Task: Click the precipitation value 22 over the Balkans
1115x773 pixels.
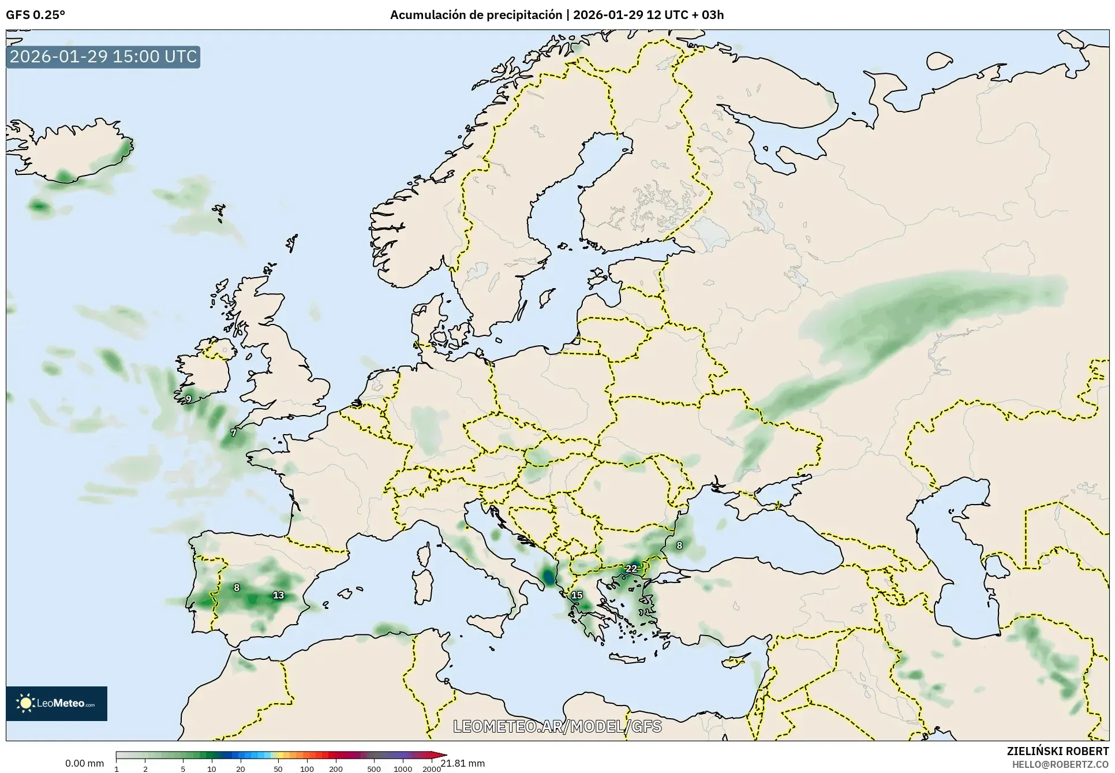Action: [x=631, y=569]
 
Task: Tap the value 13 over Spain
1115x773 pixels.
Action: [x=278, y=595]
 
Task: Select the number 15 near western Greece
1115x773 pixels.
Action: [x=577, y=595]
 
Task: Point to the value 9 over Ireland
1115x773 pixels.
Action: [x=189, y=399]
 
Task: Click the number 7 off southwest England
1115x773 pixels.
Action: [x=233, y=433]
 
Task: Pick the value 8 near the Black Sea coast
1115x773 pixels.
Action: [x=679, y=546]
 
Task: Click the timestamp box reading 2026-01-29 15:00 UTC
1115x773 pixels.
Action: [x=103, y=57]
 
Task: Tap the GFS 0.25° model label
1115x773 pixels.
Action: [x=35, y=15]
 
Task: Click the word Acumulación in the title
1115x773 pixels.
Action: [x=428, y=15]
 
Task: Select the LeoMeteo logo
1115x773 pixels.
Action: [x=57, y=703]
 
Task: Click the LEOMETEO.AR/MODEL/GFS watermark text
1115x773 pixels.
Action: [x=557, y=726]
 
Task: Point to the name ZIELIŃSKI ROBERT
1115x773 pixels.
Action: [x=1057, y=751]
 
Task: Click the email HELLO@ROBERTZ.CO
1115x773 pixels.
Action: [x=1060, y=764]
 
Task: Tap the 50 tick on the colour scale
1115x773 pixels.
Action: [x=278, y=769]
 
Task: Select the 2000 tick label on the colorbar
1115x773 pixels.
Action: [x=432, y=769]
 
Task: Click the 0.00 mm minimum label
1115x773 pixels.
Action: [x=84, y=763]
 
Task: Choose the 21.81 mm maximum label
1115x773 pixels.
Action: [x=463, y=763]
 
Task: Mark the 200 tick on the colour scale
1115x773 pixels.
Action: [x=336, y=769]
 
